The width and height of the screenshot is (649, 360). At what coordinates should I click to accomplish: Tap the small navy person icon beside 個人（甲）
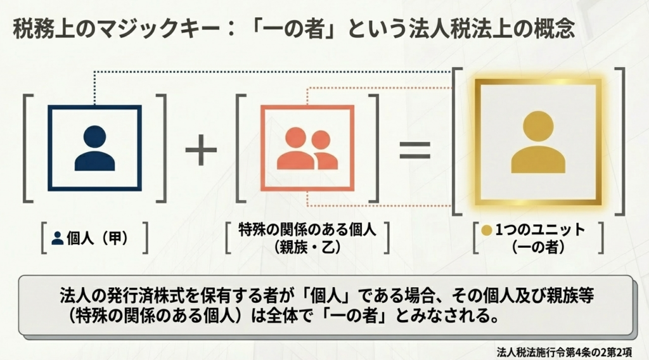pos(58,238)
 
